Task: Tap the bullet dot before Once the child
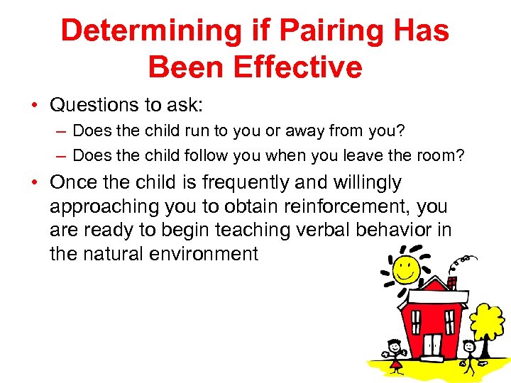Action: tap(34, 183)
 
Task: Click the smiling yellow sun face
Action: tap(407, 268)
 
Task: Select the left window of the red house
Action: tap(412, 312)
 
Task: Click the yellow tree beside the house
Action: tap(488, 323)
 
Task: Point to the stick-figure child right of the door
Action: tap(468, 355)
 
